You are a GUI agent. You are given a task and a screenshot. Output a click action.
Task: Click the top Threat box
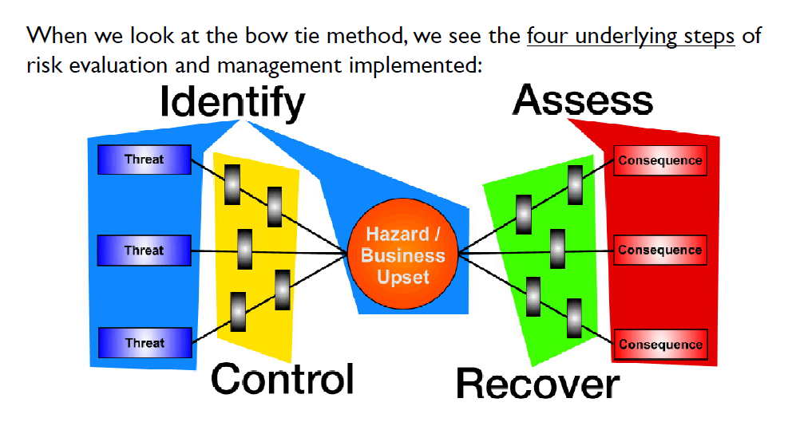click(x=144, y=160)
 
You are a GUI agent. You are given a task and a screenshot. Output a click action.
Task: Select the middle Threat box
click(x=144, y=250)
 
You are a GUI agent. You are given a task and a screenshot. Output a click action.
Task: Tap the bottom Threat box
click(x=144, y=343)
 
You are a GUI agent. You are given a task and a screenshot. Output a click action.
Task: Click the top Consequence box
click(x=659, y=160)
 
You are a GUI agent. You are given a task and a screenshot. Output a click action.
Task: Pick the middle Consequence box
click(x=659, y=250)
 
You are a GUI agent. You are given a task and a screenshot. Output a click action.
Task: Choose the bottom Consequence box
click(x=659, y=345)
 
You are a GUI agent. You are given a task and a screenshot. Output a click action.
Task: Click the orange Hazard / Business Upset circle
click(x=403, y=255)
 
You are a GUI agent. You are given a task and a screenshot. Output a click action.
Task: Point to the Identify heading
click(x=232, y=103)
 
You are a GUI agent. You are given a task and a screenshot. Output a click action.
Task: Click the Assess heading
click(x=583, y=101)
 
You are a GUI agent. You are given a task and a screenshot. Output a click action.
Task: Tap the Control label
click(x=283, y=379)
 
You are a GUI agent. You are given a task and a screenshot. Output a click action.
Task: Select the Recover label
click(x=537, y=384)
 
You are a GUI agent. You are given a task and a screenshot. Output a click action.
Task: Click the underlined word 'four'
click(x=546, y=37)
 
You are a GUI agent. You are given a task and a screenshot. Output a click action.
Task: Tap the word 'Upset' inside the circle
click(x=403, y=277)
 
